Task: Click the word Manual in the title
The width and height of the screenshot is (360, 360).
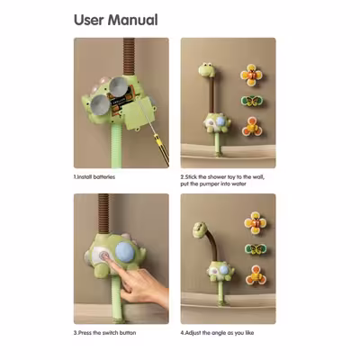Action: [x=132, y=20]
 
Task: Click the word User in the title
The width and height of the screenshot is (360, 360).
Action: [x=88, y=20]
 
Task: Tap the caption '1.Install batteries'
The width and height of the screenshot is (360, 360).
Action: [x=94, y=177]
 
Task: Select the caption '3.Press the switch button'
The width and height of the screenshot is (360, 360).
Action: [x=105, y=333]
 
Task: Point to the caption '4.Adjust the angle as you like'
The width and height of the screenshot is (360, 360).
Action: [x=217, y=333]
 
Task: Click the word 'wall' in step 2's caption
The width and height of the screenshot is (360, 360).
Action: [x=258, y=177]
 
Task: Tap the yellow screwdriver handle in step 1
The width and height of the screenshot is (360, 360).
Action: [x=161, y=149]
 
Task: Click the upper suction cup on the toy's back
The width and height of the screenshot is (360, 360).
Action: [x=118, y=86]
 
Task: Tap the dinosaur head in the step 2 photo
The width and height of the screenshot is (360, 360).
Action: [x=207, y=69]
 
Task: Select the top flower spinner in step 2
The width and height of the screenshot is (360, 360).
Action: [x=251, y=75]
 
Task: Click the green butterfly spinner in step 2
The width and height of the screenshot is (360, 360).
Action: [x=252, y=101]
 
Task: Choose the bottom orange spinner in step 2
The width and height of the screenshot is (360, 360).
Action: [x=252, y=127]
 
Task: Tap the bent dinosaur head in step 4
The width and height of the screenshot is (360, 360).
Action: [x=201, y=230]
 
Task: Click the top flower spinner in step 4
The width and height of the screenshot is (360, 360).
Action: [x=256, y=223]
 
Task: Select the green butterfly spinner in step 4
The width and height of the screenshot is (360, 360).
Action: [x=256, y=249]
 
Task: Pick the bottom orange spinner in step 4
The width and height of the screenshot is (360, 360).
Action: [x=256, y=274]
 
